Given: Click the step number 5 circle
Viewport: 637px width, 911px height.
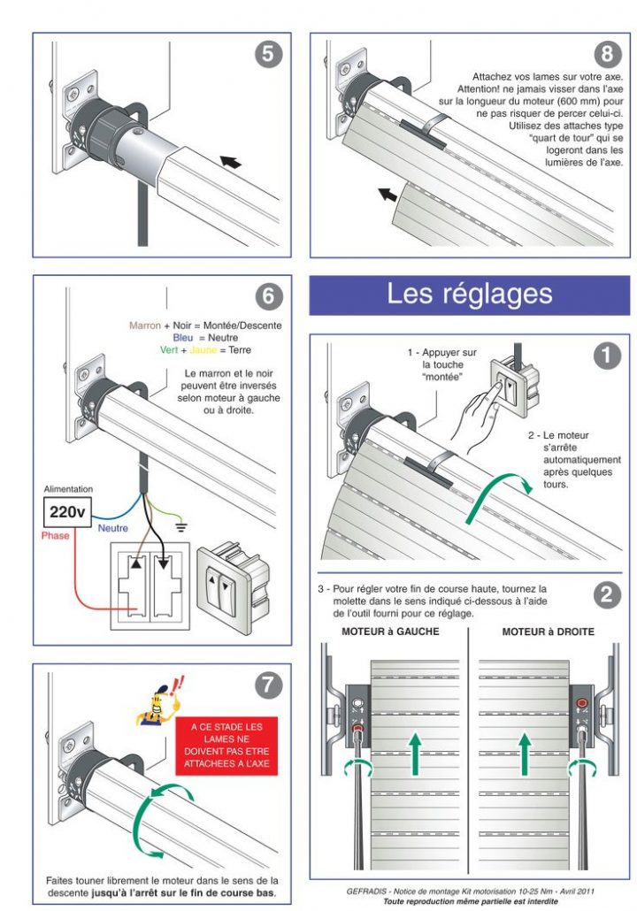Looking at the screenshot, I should click(x=269, y=55).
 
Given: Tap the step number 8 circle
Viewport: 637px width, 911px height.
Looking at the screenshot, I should click(x=606, y=55).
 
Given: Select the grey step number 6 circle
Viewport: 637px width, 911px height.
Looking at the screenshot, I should click(x=269, y=295).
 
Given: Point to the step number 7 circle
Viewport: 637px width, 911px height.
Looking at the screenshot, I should click(x=269, y=684).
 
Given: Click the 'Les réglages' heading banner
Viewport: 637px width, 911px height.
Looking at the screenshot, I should click(x=469, y=295).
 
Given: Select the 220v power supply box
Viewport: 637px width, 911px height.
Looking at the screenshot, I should click(x=69, y=511).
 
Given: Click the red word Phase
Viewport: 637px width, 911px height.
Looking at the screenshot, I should click(x=55, y=535).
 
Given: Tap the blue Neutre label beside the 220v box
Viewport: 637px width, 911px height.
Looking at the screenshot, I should click(x=113, y=528).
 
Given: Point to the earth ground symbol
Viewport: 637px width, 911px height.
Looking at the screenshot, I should click(x=183, y=527).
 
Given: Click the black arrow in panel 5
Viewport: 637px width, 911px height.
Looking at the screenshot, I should click(x=230, y=162).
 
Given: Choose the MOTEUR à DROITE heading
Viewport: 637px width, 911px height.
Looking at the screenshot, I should click(x=548, y=632).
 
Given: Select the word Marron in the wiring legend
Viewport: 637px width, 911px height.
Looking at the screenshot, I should click(x=145, y=325).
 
